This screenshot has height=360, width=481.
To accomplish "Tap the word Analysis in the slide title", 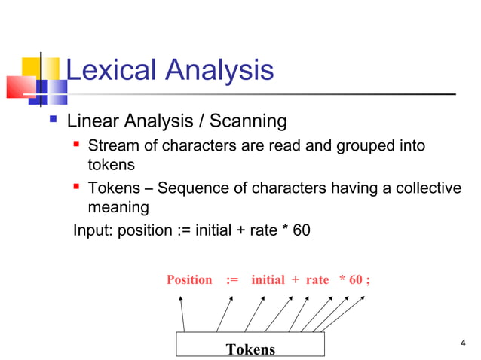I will pos(217,71).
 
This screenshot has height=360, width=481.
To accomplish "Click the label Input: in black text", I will pos(93,230).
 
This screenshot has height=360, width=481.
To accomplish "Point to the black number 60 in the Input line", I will pos(301,230).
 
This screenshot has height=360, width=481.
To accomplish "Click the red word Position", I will pos(189,280).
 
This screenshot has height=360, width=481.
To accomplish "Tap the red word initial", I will pos(268,280).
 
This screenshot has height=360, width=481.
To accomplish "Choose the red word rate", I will pos(317,280).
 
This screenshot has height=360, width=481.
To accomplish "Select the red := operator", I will pos(231,280).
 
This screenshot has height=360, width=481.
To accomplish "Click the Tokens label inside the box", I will pos(250,349).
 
